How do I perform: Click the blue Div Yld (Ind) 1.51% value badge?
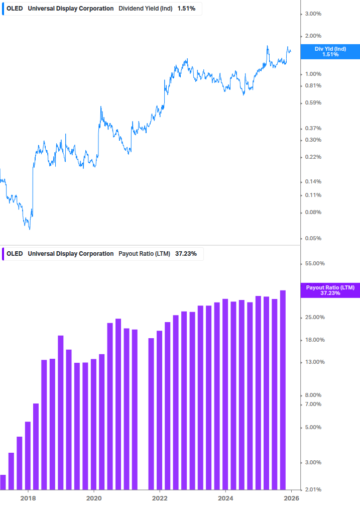[x=330, y=51]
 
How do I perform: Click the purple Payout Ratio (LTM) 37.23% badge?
[x=330, y=290]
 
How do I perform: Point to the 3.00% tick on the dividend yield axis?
[x=313, y=14]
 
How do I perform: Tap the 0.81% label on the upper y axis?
[x=313, y=85]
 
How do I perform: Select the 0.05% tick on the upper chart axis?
[x=313, y=238]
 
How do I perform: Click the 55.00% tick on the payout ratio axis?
[x=314, y=263]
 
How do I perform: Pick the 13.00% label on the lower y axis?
[x=314, y=362]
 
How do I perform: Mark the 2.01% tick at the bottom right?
[x=313, y=489]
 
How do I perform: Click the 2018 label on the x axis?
[x=28, y=498]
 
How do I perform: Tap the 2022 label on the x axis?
[x=160, y=498]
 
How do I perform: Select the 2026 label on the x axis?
[x=291, y=498]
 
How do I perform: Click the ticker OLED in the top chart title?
[x=15, y=9]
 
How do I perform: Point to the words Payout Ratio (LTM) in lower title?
[x=145, y=254]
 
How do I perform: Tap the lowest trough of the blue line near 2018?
[x=29, y=229]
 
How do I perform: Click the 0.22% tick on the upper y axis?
[x=313, y=157]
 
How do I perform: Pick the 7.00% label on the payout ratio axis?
[x=313, y=405]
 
